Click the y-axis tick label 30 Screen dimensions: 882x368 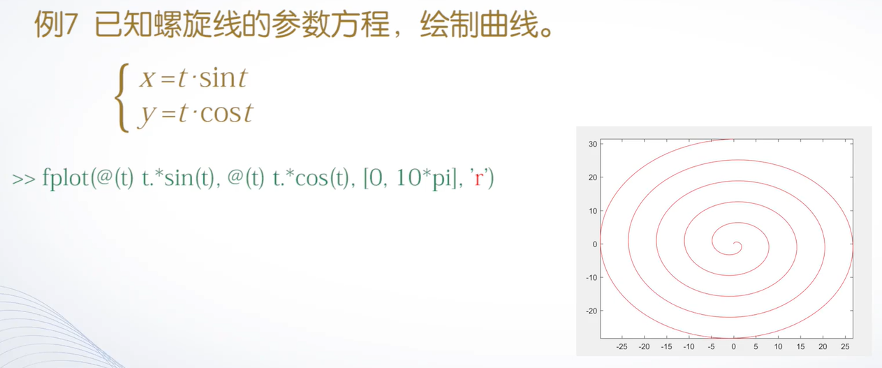[x=593, y=144]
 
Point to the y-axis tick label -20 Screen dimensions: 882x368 [x=591, y=311]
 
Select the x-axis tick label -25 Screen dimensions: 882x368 [x=622, y=347]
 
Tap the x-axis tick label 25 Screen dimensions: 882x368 [x=845, y=347]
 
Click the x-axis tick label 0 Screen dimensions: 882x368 [x=733, y=347]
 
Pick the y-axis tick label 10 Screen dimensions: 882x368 [x=593, y=211]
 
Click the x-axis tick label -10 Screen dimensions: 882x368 [x=689, y=347]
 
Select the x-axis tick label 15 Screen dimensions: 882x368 [x=800, y=347]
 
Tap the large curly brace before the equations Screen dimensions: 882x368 [x=122, y=98]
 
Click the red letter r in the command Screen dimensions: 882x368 [x=479, y=178]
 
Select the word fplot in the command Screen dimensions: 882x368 [x=66, y=178]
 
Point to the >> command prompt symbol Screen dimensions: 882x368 [x=24, y=179]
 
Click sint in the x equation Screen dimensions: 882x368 [x=223, y=78]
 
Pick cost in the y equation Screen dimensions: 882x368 [x=226, y=113]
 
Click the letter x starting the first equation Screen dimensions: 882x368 [x=147, y=78]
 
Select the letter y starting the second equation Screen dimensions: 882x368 [x=147, y=116]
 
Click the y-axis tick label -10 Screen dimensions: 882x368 [x=591, y=277]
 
